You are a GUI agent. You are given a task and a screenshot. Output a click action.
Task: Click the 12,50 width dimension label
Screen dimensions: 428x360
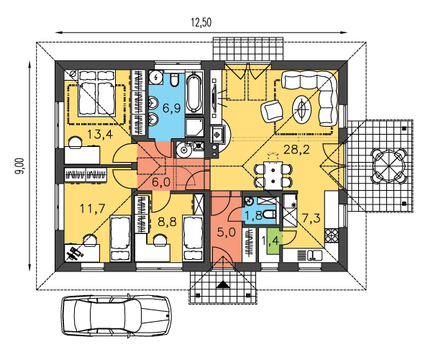click(x=201, y=22)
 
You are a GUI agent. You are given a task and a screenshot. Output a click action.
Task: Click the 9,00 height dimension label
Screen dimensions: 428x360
click(x=19, y=166)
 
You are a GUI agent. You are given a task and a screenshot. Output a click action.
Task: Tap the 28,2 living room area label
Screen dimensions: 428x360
click(x=296, y=150)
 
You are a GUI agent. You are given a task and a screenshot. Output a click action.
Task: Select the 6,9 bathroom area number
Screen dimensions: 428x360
click(x=172, y=109)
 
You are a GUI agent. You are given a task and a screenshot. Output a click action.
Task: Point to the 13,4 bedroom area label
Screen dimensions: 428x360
click(x=100, y=135)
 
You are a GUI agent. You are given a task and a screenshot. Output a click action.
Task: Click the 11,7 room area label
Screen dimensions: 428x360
click(x=93, y=209)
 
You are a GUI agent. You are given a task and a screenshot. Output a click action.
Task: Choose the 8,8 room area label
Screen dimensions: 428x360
click(x=167, y=222)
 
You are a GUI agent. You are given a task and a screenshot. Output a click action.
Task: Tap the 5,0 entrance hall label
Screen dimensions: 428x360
click(x=227, y=232)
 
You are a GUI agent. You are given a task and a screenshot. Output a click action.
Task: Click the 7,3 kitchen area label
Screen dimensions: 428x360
click(x=311, y=217)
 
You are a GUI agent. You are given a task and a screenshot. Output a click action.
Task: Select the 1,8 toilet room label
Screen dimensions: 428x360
click(x=254, y=215)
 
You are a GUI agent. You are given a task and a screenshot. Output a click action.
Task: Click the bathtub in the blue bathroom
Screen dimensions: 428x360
click(x=194, y=91)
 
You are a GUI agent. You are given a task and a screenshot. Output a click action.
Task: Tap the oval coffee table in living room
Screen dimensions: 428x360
click(x=301, y=109)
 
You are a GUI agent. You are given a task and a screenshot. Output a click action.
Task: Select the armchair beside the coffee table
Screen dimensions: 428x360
click(x=272, y=111)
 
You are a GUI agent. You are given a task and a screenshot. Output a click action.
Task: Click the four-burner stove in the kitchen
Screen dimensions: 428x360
click(x=332, y=235)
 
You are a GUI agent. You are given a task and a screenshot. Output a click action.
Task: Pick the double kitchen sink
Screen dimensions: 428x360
click(x=315, y=256)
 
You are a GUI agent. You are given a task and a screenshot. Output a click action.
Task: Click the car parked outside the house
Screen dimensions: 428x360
click(x=117, y=316)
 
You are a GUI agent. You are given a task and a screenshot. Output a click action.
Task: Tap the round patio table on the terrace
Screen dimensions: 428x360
click(x=389, y=166)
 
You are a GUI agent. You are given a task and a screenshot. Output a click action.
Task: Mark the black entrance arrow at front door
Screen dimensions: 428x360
click(x=223, y=284)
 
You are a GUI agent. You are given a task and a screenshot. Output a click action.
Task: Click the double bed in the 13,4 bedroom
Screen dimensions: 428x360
click(x=96, y=93)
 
